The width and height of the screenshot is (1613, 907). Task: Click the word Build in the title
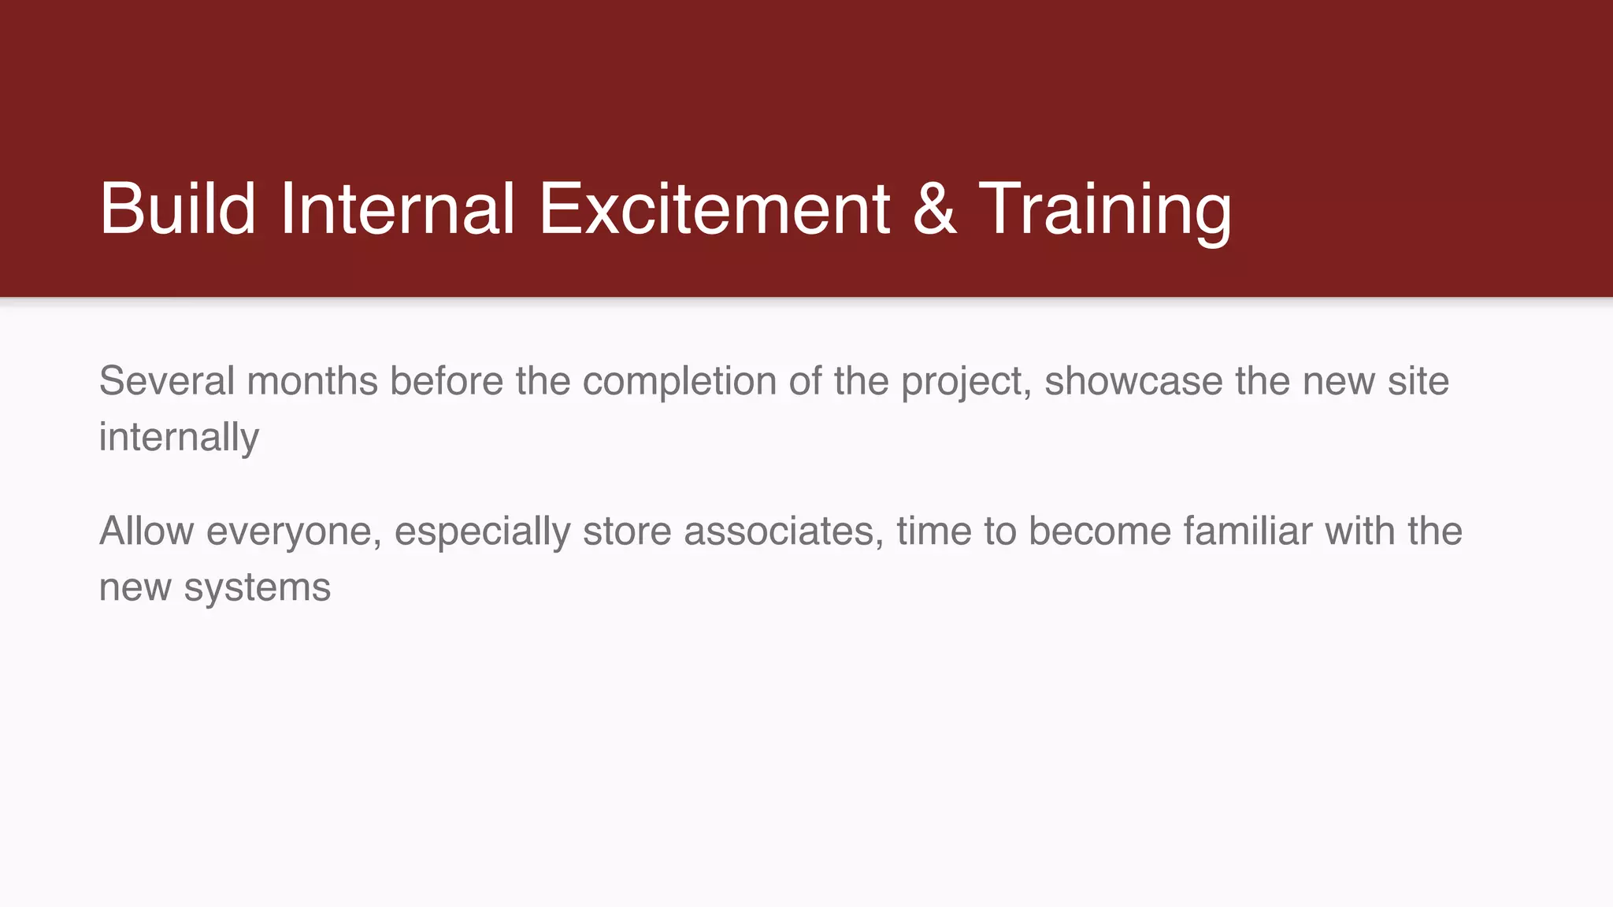click(177, 209)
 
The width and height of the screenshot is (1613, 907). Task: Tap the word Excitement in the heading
click(714, 209)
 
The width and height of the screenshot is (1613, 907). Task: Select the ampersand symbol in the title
click(934, 209)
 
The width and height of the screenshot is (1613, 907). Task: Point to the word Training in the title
click(1105, 209)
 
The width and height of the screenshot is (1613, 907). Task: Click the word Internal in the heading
click(397, 209)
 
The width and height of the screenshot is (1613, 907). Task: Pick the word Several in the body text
click(167, 381)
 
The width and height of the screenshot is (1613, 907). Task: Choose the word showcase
click(1133, 381)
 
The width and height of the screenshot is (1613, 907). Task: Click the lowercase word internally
click(179, 437)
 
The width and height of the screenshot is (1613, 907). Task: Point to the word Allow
click(146, 531)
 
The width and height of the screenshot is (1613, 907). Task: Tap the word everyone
click(294, 531)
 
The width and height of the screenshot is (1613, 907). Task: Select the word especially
click(482, 531)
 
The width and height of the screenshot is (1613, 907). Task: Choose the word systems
click(257, 587)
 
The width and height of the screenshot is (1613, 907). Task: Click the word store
click(627, 531)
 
